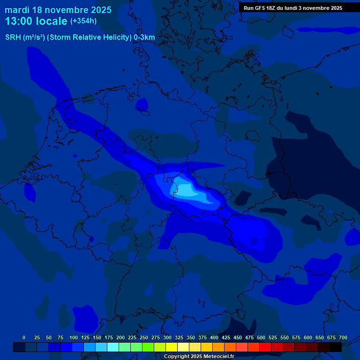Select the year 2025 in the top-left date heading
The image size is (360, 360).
pyautogui.click(x=99, y=10)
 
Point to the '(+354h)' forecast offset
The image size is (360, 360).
pyautogui.click(x=83, y=21)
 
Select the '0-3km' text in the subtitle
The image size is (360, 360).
pyautogui.click(x=144, y=37)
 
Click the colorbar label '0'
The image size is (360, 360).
pyautogui.click(x=24, y=337)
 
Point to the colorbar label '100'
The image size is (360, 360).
pyautogui.click(x=74, y=337)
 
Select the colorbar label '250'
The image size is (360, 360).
pyautogui.click(x=144, y=337)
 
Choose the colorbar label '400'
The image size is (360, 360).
pyautogui.click(x=214, y=337)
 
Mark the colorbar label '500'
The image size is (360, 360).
pyautogui.click(x=261, y=337)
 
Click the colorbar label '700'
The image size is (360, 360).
pyautogui.click(x=343, y=337)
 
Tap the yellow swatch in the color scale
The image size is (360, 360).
pyautogui.click(x=172, y=347)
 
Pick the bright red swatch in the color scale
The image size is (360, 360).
pyautogui.click(x=265, y=347)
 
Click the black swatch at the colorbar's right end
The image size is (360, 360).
pyautogui.click(x=336, y=347)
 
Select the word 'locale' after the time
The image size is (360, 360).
pyautogui.click(x=52, y=21)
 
